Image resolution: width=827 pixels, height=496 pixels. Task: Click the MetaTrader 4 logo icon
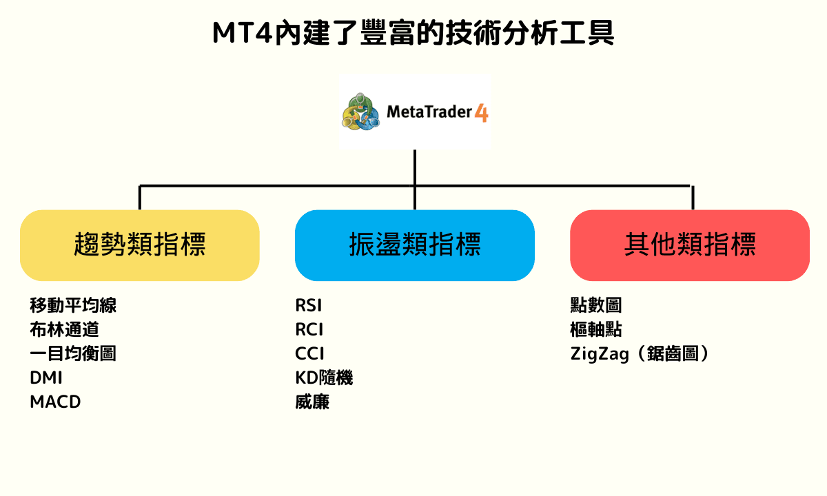tap(361, 111)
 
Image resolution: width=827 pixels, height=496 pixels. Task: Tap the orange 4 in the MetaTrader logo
tap(482, 112)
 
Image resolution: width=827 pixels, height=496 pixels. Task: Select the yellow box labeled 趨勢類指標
tap(140, 245)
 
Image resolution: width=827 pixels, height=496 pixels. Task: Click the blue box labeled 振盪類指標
tap(415, 245)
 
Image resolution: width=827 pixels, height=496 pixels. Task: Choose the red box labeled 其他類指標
tap(690, 245)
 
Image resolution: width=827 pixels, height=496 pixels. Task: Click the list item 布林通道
tap(64, 329)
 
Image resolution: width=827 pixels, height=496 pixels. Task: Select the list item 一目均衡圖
tap(73, 353)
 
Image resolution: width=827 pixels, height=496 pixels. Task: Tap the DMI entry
tap(46, 378)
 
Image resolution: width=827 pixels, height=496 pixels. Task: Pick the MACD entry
tap(55, 402)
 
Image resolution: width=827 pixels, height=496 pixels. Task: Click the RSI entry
tap(309, 305)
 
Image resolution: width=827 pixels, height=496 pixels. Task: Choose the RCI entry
tap(309, 329)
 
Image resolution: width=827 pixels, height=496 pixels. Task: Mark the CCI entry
tap(309, 353)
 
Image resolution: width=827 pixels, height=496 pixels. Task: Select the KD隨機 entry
tap(324, 378)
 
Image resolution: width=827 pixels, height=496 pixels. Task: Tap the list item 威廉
tap(312, 402)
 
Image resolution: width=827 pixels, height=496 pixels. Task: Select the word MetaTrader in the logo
tap(429, 112)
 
